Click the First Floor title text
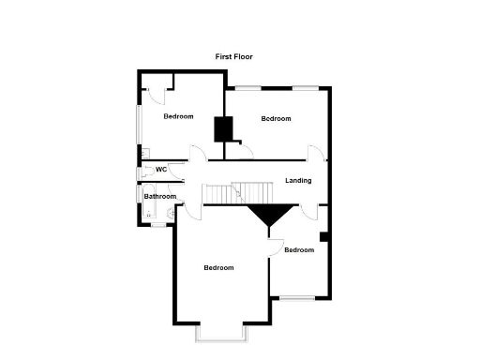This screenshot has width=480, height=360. coord(233,57)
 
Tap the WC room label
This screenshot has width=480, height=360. coord(160,170)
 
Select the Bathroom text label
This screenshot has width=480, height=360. coord(160,196)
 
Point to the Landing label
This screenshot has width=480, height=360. coord(298,181)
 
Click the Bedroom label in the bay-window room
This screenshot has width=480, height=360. coord(218,268)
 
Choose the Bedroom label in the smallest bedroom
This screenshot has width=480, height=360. coord(298,249)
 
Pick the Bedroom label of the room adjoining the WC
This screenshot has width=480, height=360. coord(178,116)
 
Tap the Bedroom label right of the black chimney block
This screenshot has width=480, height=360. coord(276,118)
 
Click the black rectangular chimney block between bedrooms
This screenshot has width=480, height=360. coord(223,128)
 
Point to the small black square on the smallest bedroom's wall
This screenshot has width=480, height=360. coord(322,236)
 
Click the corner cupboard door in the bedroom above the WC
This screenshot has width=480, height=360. coord(157,91)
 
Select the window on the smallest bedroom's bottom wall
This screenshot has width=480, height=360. coord(298,298)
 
